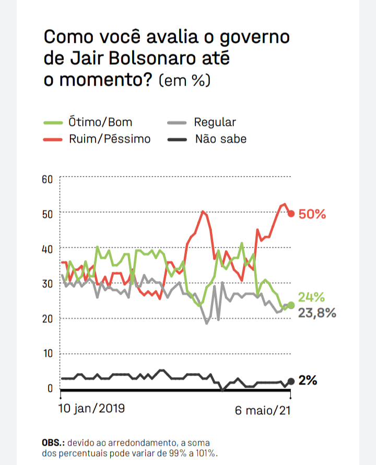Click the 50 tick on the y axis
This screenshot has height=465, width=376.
[x=48, y=214]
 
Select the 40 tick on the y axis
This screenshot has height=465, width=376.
[x=48, y=249]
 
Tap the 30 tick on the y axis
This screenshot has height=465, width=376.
[x=48, y=284]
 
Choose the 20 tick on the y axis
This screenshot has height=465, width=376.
[x=48, y=319]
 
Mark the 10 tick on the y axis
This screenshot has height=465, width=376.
[x=48, y=353]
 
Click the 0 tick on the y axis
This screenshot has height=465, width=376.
[x=50, y=388]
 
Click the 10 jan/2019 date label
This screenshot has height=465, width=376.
[x=91, y=408]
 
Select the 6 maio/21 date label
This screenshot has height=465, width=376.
[x=263, y=411]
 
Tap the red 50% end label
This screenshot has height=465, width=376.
[x=312, y=214]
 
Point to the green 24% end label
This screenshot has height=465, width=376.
[x=312, y=298]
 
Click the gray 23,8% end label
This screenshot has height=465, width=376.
[x=317, y=313]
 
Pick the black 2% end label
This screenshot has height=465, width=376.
[x=308, y=380]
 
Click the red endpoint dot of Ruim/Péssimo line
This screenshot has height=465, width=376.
[x=291, y=213]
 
